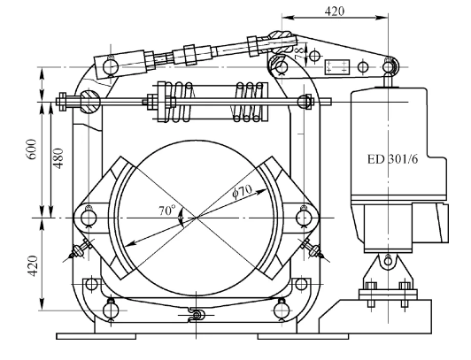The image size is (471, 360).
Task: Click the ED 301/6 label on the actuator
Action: (392, 159)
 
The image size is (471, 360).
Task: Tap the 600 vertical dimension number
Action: (32, 149)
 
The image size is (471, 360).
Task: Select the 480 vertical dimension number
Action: (58, 158)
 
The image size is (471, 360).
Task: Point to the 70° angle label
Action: (166, 210)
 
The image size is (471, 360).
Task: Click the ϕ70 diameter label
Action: (242, 191)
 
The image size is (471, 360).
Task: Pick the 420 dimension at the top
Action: (335, 11)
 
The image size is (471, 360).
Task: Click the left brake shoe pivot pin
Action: (89, 218)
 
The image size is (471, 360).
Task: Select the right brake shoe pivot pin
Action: (304, 218)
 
